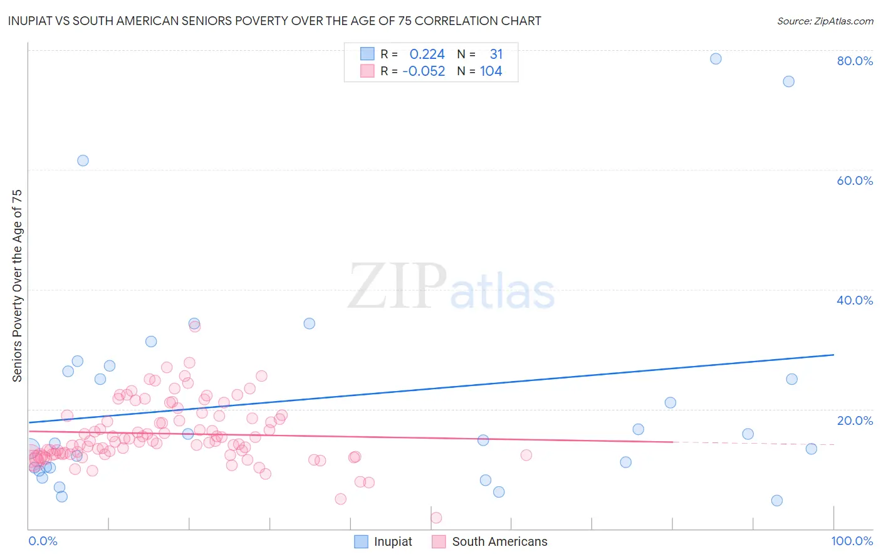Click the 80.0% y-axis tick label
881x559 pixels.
854,61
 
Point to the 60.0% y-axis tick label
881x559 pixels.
854,180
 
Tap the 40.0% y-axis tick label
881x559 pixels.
854,300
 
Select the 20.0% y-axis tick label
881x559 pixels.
854,421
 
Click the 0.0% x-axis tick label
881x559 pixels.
43,541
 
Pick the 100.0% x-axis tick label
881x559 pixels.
852,541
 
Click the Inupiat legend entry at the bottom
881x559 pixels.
383,541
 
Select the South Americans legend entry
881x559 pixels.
489,541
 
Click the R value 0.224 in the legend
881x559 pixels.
427,55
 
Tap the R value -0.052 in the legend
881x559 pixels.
424,71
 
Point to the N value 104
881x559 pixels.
491,71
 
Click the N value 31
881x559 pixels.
496,55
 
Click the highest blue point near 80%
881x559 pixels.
716,59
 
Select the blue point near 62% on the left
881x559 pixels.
83,160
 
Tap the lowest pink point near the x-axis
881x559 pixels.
436,518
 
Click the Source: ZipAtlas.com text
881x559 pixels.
825,21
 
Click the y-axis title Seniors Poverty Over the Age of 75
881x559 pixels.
17,286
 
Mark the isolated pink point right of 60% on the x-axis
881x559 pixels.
526,455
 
